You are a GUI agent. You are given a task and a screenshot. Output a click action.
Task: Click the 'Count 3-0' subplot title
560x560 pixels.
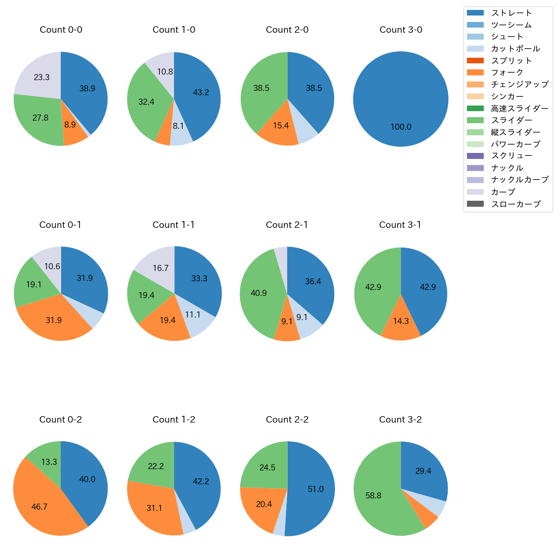(401, 30)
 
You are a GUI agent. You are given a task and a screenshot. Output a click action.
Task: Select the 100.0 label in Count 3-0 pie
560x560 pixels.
(401, 127)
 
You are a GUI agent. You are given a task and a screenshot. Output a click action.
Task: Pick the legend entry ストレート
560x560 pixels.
(511, 13)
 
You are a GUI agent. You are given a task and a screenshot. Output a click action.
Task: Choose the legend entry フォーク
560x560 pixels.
(507, 72)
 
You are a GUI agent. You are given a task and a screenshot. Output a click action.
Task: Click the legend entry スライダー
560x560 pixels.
(511, 120)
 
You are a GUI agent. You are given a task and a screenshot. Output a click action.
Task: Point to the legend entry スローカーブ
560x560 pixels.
(516, 204)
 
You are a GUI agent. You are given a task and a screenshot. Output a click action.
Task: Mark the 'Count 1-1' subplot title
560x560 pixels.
(174, 225)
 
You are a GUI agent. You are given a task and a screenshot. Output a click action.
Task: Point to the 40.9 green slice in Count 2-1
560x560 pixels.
(258, 293)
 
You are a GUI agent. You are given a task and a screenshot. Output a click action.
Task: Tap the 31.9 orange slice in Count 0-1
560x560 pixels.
(54, 320)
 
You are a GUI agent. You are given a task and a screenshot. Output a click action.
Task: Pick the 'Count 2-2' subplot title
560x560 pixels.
(287, 420)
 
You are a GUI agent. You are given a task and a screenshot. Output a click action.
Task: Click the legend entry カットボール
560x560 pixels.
(515, 49)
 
